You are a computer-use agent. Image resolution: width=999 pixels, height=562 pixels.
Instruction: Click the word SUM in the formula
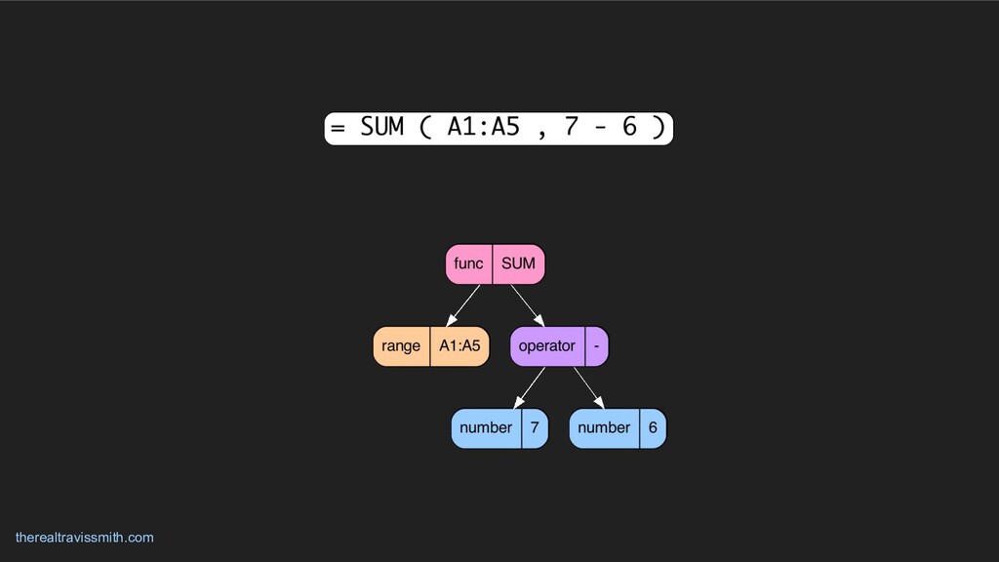tap(381, 128)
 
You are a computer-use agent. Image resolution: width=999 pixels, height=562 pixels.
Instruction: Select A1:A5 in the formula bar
tap(483, 128)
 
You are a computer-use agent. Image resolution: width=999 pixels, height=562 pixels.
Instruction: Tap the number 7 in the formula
tap(571, 128)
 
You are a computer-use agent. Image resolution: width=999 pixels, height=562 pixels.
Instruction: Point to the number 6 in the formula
tap(629, 128)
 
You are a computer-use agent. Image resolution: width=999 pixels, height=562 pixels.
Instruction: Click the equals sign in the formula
tap(338, 128)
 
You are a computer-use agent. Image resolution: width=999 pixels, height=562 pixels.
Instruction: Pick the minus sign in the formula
tap(600, 128)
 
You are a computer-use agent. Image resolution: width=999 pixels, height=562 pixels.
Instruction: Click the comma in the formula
tap(541, 131)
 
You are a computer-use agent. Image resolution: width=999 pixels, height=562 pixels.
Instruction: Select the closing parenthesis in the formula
tap(659, 128)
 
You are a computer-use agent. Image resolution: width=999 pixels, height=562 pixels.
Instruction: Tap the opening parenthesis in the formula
tap(425, 128)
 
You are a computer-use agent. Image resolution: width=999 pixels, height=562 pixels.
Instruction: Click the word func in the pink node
tap(468, 263)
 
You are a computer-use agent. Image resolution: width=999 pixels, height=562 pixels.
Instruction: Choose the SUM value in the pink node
tap(518, 263)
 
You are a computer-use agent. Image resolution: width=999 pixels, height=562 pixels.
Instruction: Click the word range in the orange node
tap(401, 345)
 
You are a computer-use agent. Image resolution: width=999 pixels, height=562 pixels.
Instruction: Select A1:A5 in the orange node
tap(460, 345)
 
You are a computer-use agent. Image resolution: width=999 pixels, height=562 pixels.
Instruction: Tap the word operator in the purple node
tap(546, 345)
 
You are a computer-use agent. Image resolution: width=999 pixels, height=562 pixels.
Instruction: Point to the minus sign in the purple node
tap(595, 345)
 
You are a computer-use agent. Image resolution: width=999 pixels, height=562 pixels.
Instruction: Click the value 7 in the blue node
tap(535, 427)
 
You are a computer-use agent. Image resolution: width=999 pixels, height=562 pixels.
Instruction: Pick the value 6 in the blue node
tap(653, 427)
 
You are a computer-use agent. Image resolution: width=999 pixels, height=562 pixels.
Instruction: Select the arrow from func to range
tap(463, 305)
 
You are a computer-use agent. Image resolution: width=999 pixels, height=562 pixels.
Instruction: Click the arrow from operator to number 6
tap(589, 387)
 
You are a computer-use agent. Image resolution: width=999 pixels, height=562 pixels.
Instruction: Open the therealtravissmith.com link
tap(85, 538)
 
